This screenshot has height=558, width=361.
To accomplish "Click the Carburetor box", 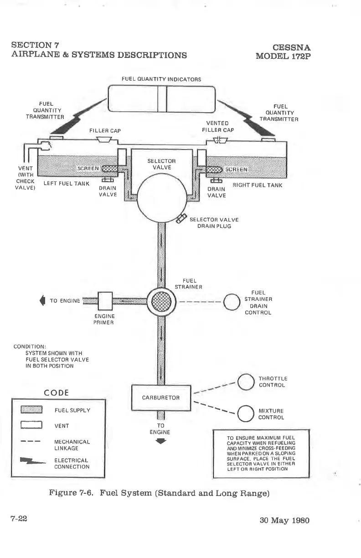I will point(160,398).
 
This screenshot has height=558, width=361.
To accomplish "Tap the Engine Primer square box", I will point(105,301).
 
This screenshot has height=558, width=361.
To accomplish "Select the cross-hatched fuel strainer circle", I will point(160,301).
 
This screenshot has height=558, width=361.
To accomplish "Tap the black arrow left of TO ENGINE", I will point(43,300).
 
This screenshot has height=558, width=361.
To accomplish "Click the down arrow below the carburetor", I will point(161,441).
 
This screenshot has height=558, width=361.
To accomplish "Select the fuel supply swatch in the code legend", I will point(31,410).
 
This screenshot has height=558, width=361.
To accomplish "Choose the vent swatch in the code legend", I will point(31,426).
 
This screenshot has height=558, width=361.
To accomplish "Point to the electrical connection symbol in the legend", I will point(33,462).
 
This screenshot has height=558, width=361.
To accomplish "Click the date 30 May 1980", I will point(284,520).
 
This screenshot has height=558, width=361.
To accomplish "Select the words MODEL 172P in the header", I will point(284,57).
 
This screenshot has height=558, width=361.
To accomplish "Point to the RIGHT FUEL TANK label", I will point(258,185).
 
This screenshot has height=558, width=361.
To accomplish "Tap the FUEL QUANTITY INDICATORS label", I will point(161,79).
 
